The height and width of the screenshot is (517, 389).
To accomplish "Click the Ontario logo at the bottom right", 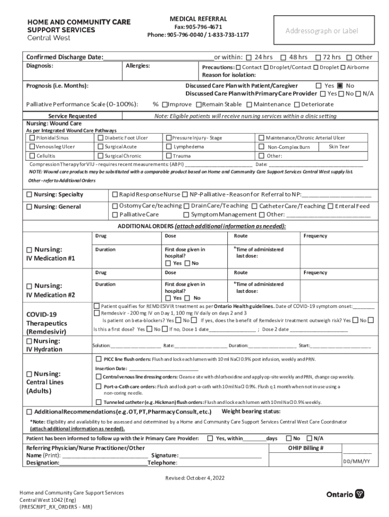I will [345, 494].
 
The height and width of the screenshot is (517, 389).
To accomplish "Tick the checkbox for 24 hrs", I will [250, 57].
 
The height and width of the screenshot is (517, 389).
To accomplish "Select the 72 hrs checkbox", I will [318, 57].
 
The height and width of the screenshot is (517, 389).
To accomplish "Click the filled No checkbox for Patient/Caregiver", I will [340, 85].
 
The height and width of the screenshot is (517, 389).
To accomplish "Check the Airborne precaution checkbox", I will [343, 67].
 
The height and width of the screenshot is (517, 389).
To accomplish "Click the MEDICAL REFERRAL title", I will [198, 19].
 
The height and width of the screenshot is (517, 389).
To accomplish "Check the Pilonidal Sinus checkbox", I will [32, 138].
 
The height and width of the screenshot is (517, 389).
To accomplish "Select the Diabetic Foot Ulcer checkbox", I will [101, 138].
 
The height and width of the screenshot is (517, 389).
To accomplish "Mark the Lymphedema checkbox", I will [169, 147].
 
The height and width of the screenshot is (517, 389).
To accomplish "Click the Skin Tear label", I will [338, 146].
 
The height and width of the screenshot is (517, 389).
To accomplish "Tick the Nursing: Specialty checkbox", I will [29, 194].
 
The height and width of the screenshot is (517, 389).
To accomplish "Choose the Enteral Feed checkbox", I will [330, 206].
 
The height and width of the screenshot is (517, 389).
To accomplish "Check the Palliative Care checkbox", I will [115, 215].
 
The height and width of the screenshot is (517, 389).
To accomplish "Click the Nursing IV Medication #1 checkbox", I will [29, 249].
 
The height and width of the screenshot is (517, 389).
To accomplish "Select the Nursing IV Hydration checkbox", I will [29, 341].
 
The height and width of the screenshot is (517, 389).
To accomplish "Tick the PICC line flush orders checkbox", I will [99, 359].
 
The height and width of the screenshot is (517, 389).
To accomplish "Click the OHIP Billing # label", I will [306, 448].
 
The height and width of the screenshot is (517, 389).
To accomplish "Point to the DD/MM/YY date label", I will [357, 461].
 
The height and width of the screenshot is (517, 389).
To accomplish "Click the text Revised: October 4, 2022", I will [194, 478].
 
